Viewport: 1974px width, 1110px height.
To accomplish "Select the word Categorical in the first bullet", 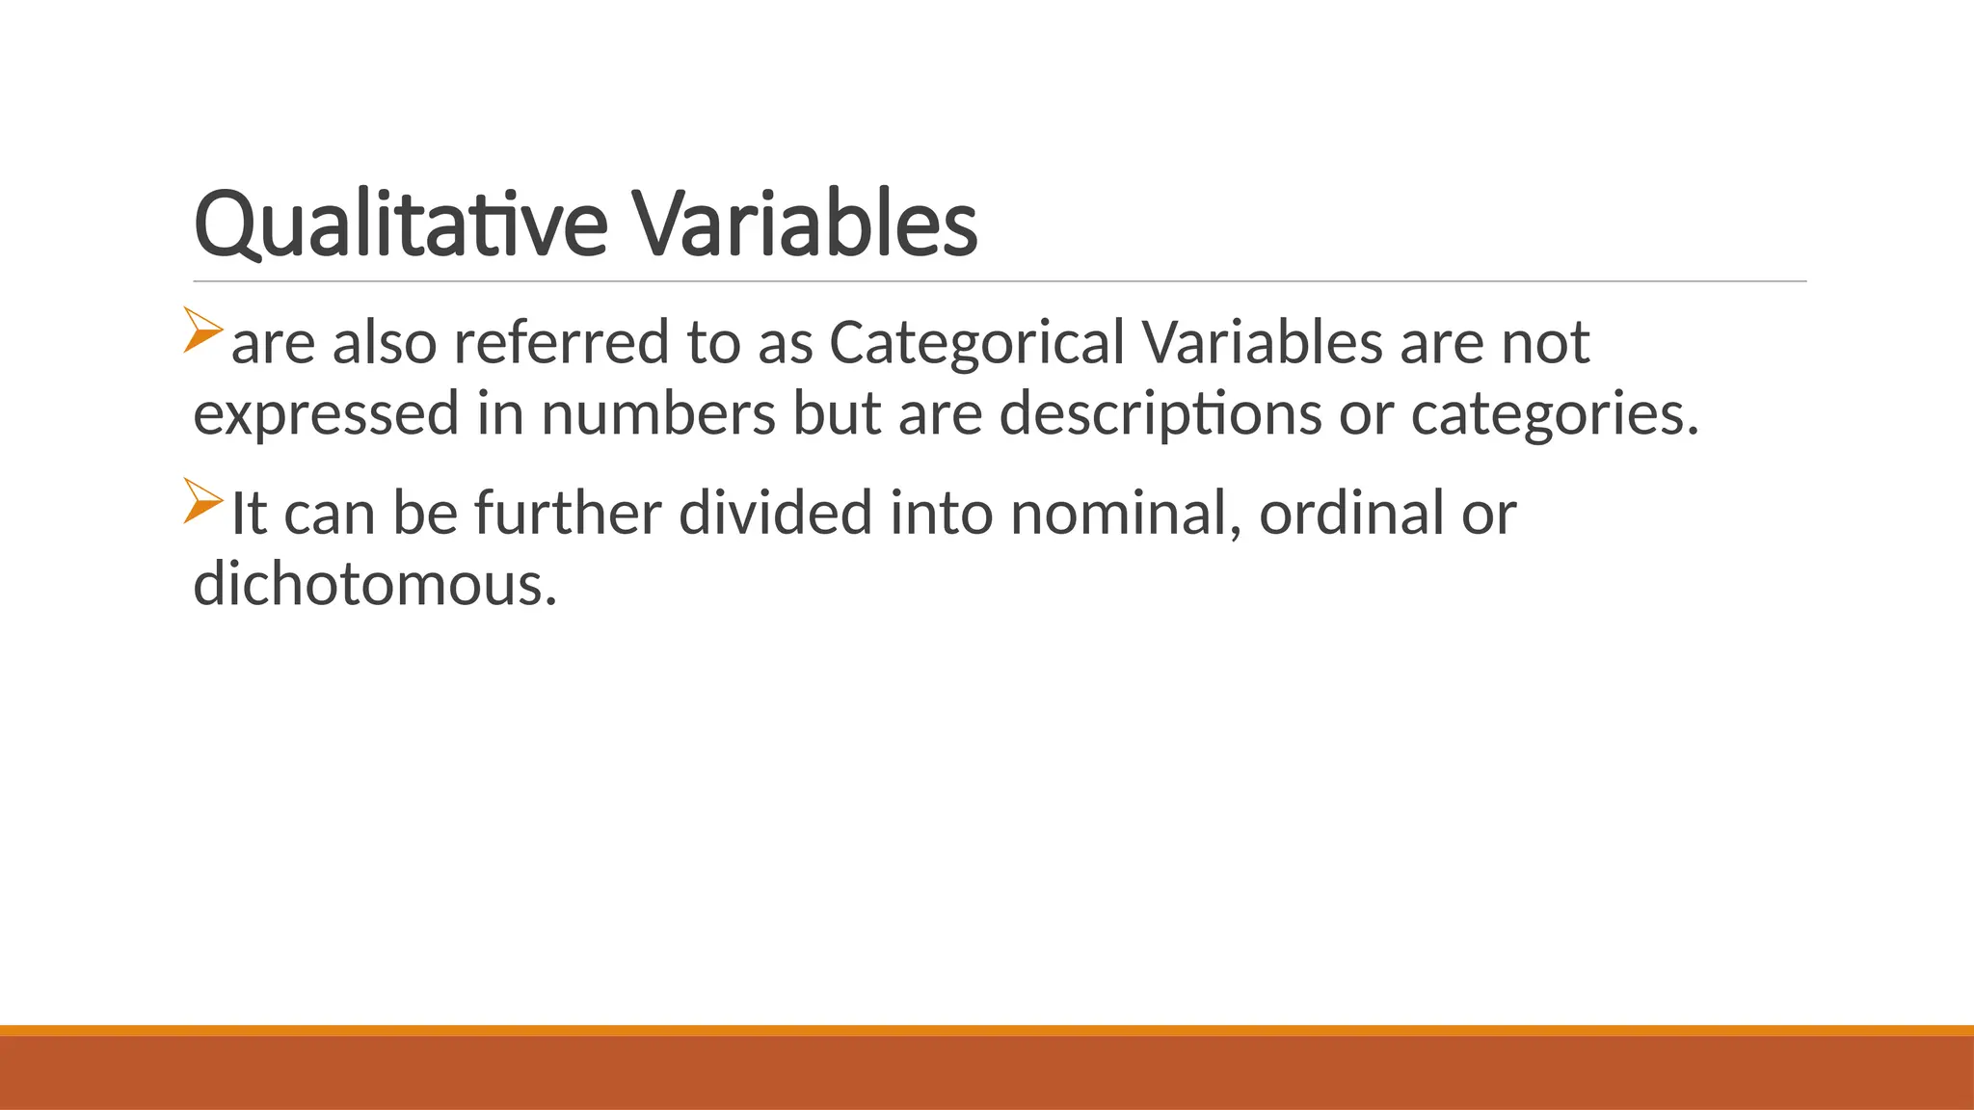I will (x=976, y=343).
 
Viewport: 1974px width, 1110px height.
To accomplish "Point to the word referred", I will (x=561, y=343).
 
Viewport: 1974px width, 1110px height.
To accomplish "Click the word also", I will (x=385, y=343).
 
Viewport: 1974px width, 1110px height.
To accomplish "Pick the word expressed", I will (x=326, y=414).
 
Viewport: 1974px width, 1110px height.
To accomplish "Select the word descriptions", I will (x=1160, y=414).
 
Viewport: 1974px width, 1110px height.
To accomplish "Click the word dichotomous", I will (x=375, y=584).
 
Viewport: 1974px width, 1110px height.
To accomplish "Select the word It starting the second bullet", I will (x=249, y=513).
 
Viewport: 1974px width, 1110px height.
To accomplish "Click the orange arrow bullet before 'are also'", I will (x=203, y=330).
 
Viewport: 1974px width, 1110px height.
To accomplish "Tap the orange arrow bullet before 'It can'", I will (x=203, y=501).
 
